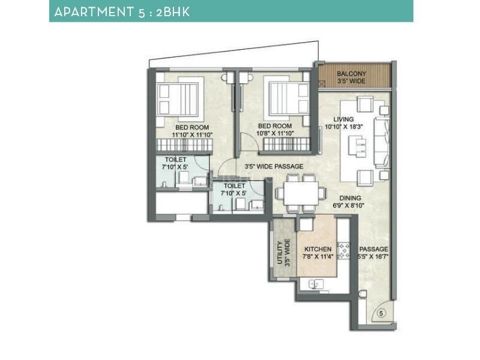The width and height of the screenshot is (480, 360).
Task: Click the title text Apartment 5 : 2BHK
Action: coord(122,11)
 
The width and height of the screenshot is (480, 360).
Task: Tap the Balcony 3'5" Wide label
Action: coord(352,77)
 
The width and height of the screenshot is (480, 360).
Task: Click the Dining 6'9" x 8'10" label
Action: coord(349,202)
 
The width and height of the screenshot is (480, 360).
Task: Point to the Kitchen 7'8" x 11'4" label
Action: coord(317,253)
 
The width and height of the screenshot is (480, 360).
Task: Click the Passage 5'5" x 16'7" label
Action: coord(373,253)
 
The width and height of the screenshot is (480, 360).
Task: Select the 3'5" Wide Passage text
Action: coord(273,166)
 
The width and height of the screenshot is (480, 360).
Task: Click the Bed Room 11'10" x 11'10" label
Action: coord(192,131)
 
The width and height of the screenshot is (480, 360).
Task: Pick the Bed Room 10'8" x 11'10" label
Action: coord(272,129)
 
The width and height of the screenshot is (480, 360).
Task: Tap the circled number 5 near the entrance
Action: coord(381,313)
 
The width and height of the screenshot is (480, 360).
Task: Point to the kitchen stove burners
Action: coord(344,251)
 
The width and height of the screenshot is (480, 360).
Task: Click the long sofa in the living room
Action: coord(382,142)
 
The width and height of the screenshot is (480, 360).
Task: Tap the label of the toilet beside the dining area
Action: coord(235,190)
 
